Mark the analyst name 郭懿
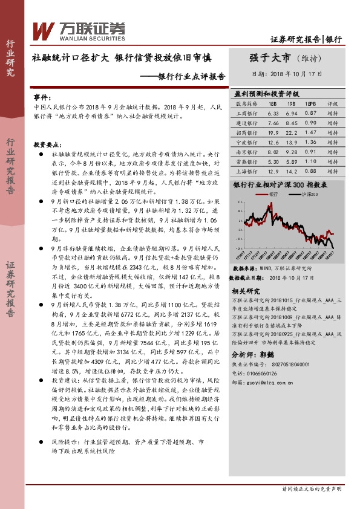(x=267, y=355)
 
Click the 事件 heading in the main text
(x=41, y=97)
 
